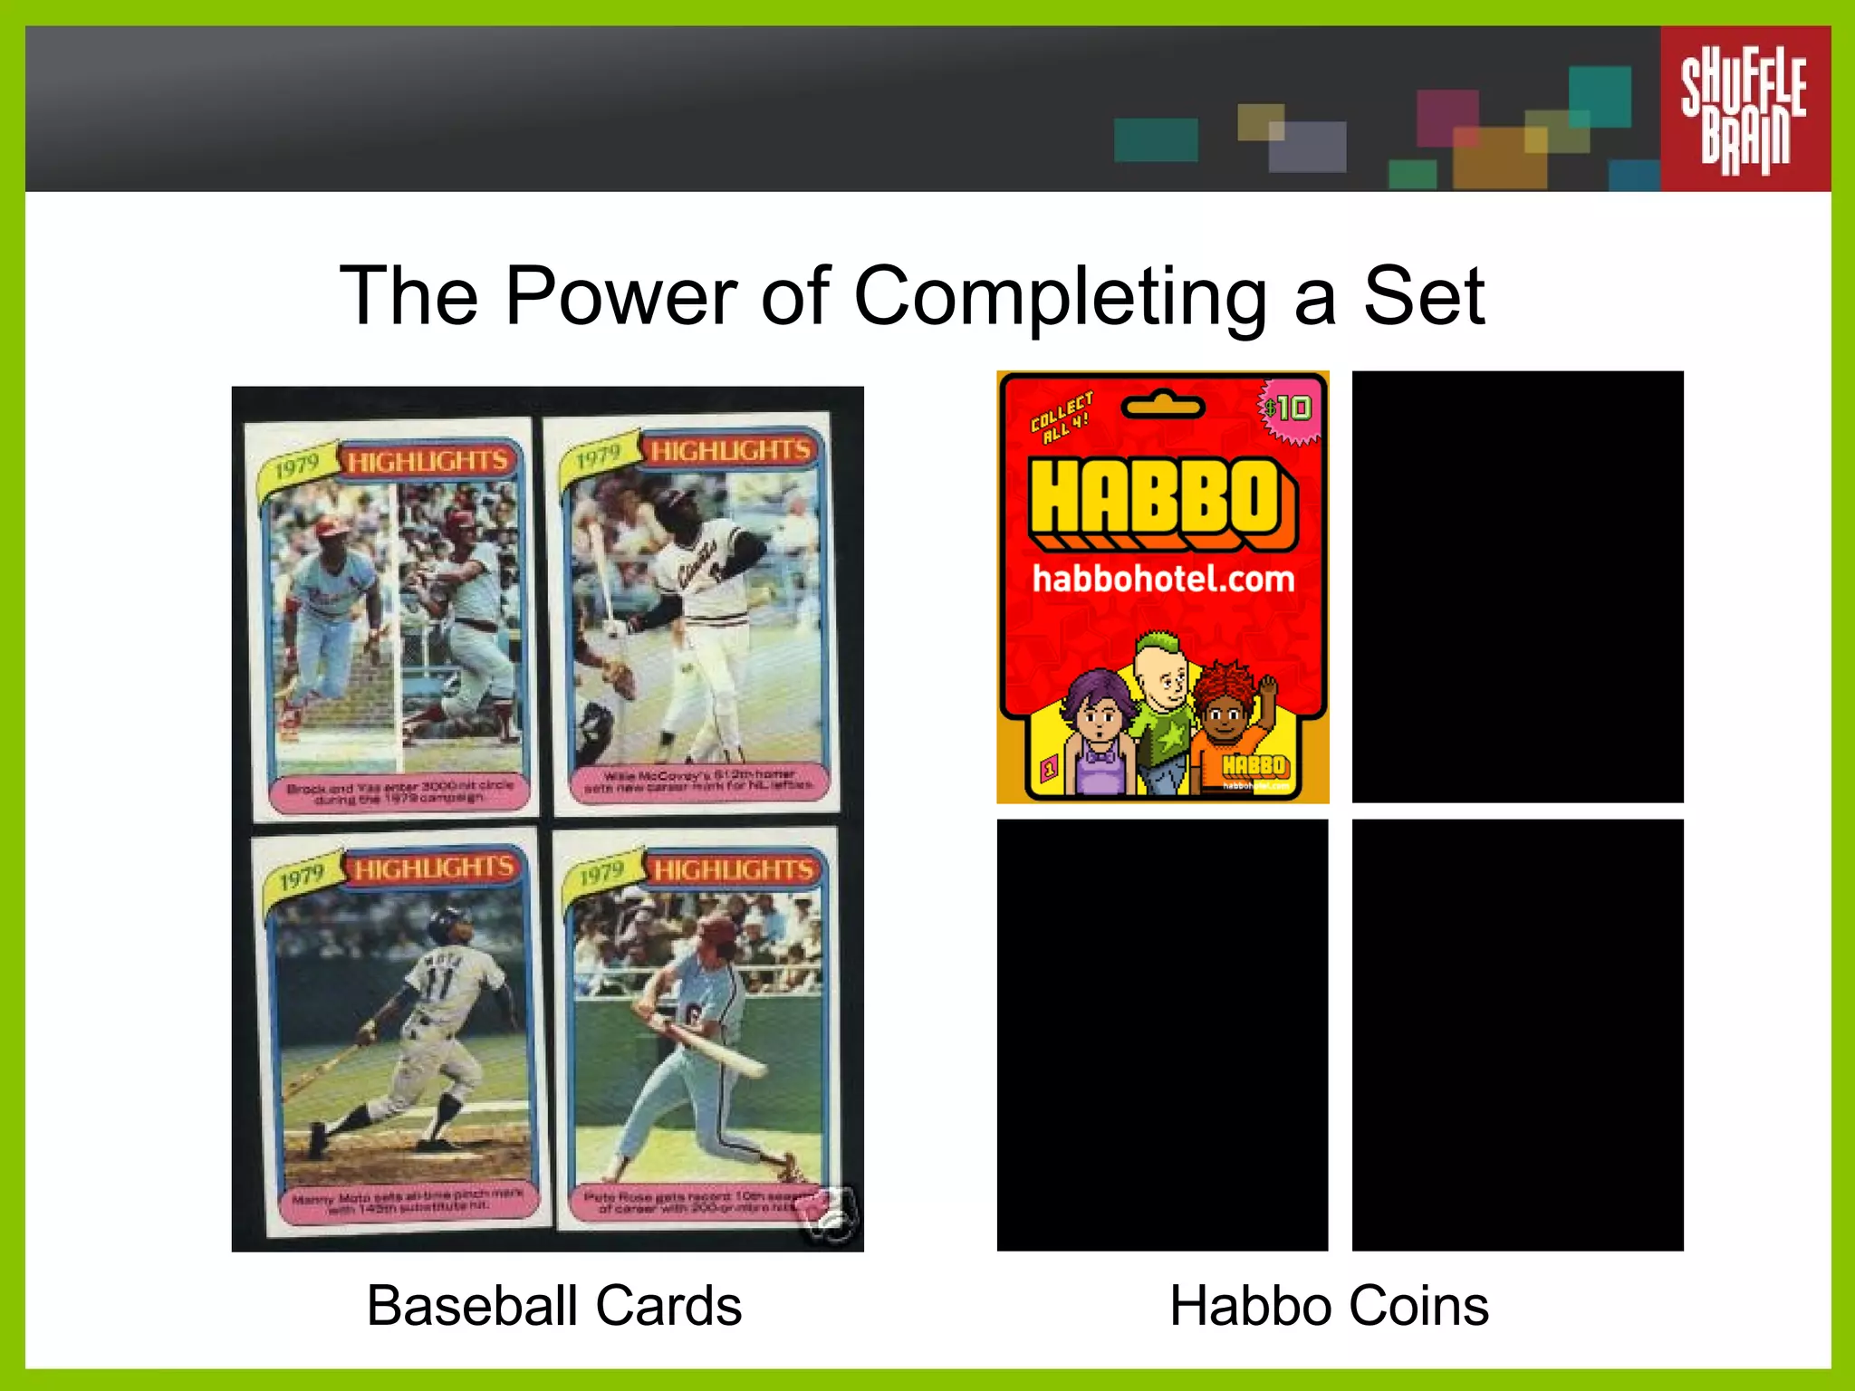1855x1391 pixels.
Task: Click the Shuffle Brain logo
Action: coord(1744,109)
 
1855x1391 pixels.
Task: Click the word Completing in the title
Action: coord(1060,297)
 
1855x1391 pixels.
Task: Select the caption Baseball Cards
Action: coord(553,1306)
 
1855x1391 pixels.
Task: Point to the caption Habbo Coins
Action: coord(1329,1306)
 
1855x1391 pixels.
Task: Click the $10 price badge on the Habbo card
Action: coord(1289,409)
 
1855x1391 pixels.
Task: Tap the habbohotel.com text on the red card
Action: coord(1163,579)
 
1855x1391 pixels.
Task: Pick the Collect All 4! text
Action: coord(1062,417)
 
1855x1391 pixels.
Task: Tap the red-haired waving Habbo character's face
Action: coord(1225,715)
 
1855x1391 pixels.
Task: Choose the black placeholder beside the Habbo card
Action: coord(1517,586)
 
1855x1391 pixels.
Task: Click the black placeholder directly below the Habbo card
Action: coord(1162,1035)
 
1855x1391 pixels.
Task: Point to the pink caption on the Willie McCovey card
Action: coord(698,782)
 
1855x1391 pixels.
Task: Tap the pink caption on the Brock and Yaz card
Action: coord(400,791)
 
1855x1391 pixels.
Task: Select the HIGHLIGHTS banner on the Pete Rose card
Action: coord(734,870)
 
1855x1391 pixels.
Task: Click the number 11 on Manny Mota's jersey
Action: coord(441,983)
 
